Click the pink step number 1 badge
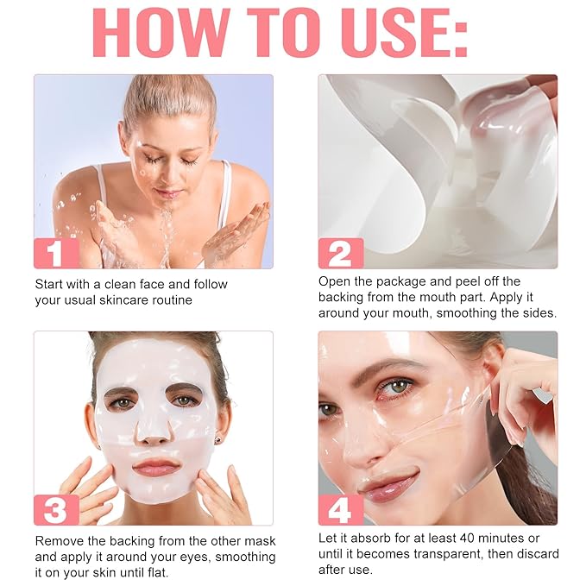56,253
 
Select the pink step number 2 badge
340,253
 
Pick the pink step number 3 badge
56,510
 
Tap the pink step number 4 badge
340,510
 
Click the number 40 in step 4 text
466,539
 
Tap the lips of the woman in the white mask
155,467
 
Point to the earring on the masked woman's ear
217,441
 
